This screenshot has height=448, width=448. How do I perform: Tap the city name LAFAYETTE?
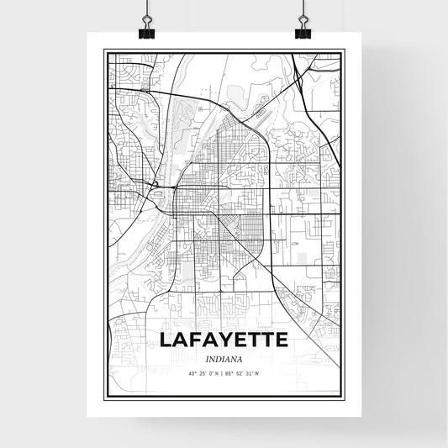click(x=223, y=340)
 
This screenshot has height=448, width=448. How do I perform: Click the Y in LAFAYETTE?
click(x=223, y=340)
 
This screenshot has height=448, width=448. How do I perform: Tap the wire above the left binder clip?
click(x=146, y=8)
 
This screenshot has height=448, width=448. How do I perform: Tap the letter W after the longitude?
click(x=259, y=372)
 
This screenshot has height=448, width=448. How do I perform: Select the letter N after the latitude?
click(x=217, y=372)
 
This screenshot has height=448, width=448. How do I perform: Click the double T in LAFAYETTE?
click(x=261, y=340)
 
